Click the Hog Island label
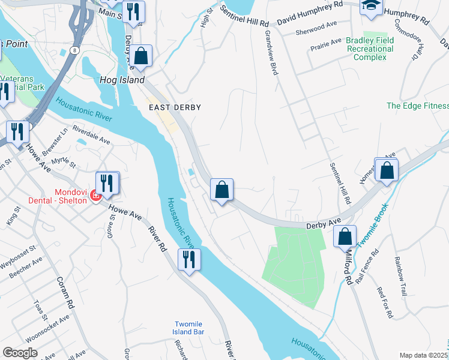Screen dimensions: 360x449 pyautogui.click(x=122, y=80)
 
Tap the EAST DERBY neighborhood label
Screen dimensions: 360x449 pyautogui.click(x=174, y=107)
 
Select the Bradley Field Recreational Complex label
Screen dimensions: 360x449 pyautogui.click(x=370, y=49)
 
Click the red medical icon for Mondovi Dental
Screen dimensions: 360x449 pyautogui.click(x=95, y=195)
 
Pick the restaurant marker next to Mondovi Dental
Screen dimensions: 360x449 pyautogui.click(x=107, y=182)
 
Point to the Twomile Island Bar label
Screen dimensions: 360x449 pyautogui.click(x=190, y=328)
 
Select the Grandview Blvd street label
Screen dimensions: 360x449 pyautogui.click(x=271, y=53)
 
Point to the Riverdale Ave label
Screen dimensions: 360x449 pyautogui.click(x=91, y=134)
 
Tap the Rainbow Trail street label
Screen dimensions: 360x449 pyautogui.click(x=400, y=277)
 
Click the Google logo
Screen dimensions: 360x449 pyautogui.click(x=20, y=353)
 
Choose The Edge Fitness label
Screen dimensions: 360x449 pyautogui.click(x=417, y=106)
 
